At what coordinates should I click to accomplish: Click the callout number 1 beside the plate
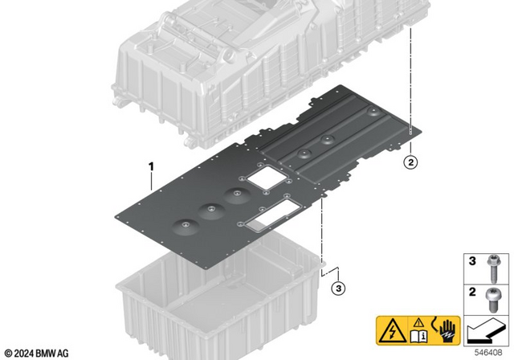[149, 166]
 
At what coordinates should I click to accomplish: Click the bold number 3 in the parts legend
[472, 261]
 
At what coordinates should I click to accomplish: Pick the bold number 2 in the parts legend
[472, 293]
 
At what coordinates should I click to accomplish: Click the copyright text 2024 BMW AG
[39, 352]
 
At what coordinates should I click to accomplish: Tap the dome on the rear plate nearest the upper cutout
[304, 152]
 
